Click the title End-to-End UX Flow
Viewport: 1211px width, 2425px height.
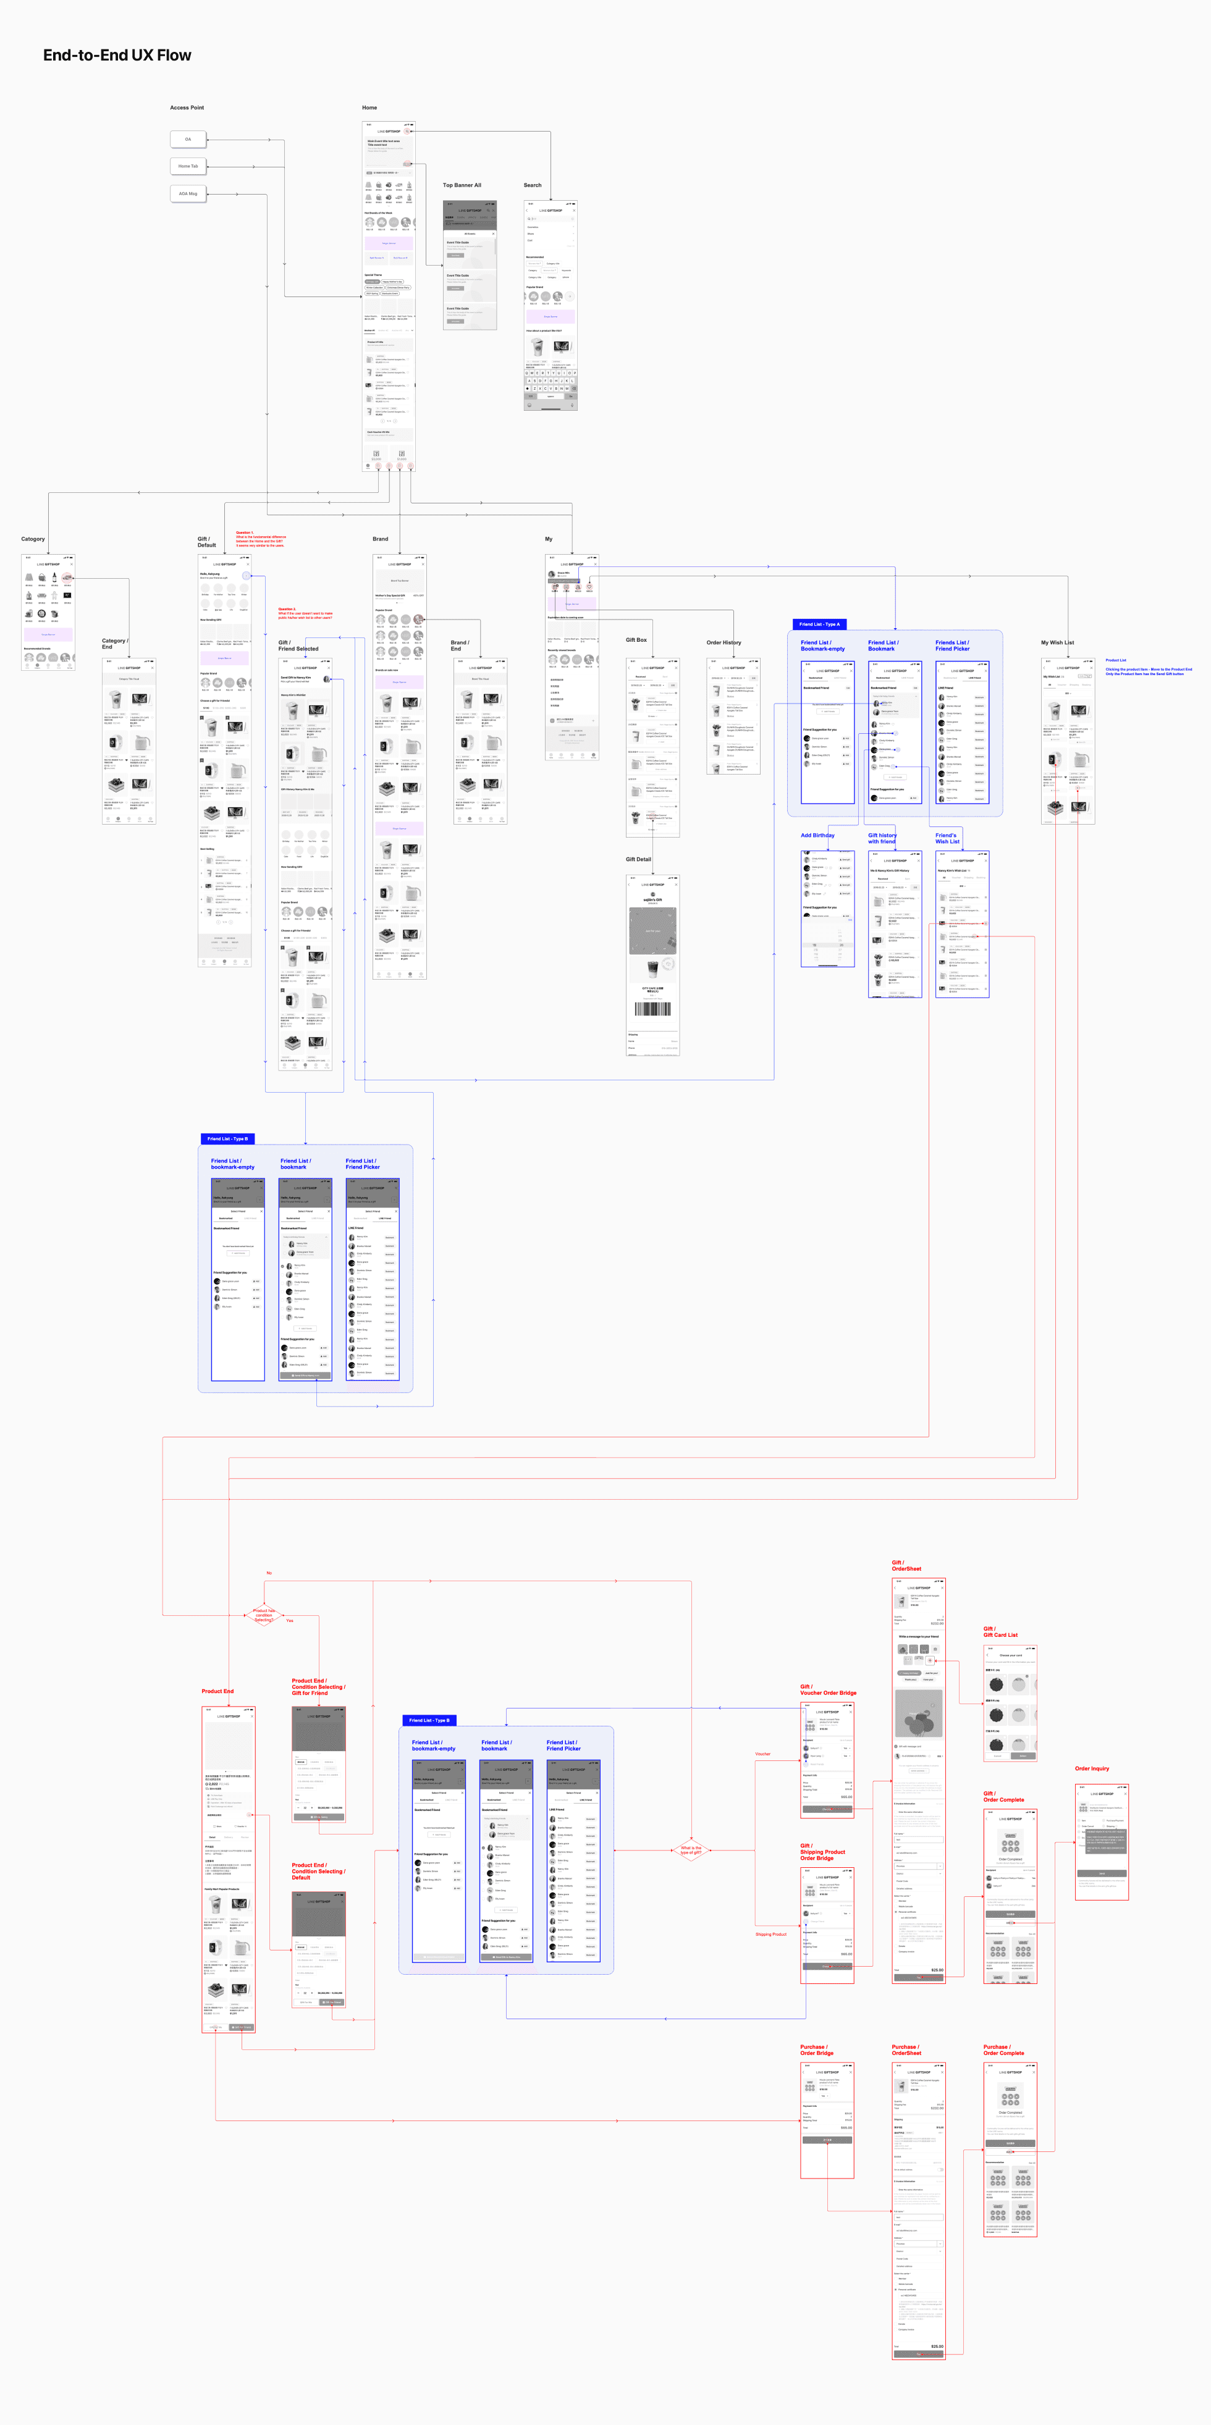tap(117, 56)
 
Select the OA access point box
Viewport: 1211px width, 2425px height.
tap(187, 140)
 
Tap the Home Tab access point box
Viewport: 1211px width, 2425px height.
tap(187, 166)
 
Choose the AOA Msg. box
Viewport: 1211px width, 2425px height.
tap(187, 193)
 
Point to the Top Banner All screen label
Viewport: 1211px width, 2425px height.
tap(462, 185)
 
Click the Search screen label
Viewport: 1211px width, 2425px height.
tap(532, 185)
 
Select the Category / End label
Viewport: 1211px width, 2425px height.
tap(114, 643)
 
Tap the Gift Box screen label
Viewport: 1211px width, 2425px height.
tap(636, 640)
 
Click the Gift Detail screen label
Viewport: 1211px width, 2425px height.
tap(638, 859)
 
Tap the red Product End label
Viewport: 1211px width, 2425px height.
tap(217, 1691)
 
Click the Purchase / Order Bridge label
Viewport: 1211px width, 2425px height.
tap(816, 2049)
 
